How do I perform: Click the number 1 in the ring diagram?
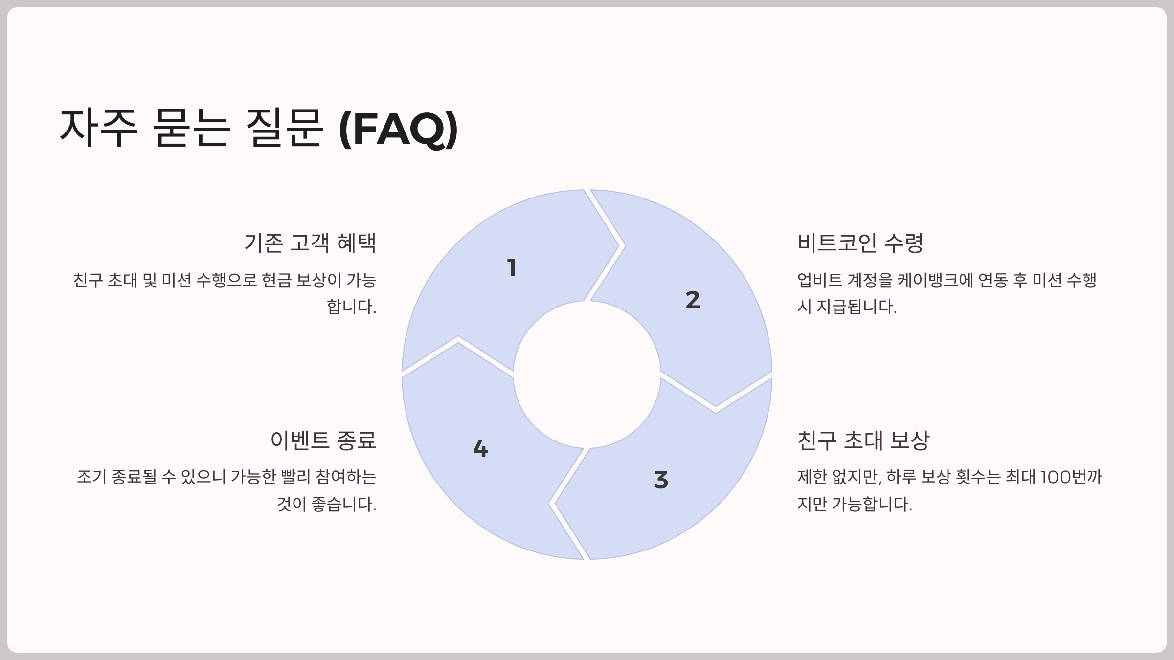(x=512, y=268)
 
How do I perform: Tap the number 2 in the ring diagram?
(x=693, y=300)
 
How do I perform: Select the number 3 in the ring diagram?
(x=661, y=480)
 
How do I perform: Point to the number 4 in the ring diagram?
(x=480, y=448)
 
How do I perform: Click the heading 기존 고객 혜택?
(x=310, y=243)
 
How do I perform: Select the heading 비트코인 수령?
(x=860, y=243)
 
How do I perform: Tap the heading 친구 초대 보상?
(x=863, y=440)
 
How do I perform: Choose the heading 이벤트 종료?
(x=323, y=440)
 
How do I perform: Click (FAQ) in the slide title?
(x=398, y=129)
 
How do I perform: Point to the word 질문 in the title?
(x=284, y=128)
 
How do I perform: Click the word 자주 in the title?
(x=98, y=128)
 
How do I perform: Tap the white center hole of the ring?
(x=587, y=374)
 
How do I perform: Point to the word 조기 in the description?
(x=91, y=477)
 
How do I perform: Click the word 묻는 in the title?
(x=191, y=128)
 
